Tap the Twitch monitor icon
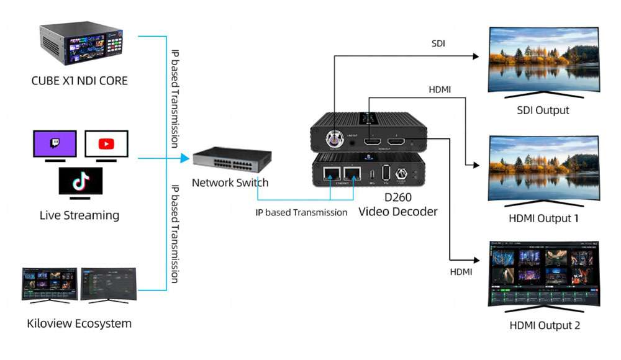pos(55,144)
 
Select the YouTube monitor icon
pos(106,144)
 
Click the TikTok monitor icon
pos(81,181)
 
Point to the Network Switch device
pos(230,160)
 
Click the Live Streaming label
pos(79,215)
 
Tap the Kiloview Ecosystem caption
pos(79,323)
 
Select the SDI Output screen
pos(544,58)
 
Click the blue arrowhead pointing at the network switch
pos(184,158)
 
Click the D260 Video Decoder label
pos(398,205)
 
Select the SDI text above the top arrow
pos(438,44)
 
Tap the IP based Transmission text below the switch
pos(302,212)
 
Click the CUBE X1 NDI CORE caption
pos(79,80)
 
